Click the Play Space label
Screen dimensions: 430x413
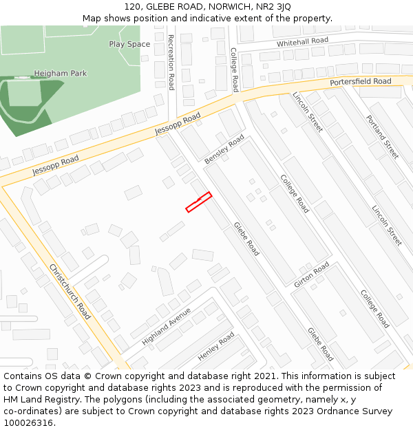click(129, 44)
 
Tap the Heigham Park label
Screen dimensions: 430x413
click(61, 73)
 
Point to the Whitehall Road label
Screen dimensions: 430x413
click(302, 42)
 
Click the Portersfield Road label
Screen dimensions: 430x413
click(360, 82)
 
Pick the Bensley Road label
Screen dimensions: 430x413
click(224, 149)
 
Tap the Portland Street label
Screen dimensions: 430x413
click(382, 136)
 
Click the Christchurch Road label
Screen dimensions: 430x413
click(70, 291)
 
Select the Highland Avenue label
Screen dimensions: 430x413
click(166, 326)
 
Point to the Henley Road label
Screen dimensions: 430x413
click(216, 347)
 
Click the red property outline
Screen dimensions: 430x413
click(198, 202)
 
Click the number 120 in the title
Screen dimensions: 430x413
click(133, 7)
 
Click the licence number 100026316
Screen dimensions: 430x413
click(29, 423)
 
